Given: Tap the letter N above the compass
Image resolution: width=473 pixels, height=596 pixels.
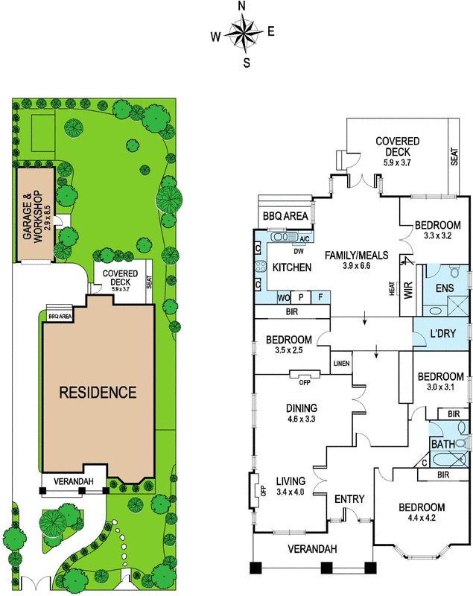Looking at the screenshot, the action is pos(241,6).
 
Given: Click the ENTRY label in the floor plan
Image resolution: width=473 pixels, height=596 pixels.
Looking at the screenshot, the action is pos(349,498).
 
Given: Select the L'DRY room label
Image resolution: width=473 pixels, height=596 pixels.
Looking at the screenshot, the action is pos(442,333).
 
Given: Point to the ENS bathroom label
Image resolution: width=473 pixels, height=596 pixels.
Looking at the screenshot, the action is pos(445,288).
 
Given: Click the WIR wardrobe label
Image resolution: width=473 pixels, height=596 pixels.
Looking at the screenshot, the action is pos(408,290).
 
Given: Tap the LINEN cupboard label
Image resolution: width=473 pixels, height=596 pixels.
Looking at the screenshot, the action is pos(342,364).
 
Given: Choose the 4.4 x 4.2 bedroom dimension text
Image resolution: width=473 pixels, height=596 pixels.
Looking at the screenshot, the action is pos(422,518).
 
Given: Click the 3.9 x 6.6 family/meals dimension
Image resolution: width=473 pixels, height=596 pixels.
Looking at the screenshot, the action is pos(356,266).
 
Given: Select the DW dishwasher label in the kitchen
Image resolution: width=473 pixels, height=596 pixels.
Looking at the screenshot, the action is pos(298,251).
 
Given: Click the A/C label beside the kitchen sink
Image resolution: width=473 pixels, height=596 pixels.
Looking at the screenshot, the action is pos(305,238).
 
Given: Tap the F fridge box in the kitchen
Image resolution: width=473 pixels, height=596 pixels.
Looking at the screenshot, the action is pos(320,297).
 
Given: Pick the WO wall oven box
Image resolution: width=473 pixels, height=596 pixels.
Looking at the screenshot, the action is pos(284,297).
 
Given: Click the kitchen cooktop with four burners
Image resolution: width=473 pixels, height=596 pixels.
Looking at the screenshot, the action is pos(261,266).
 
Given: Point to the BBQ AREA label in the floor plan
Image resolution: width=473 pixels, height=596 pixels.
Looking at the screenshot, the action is pos(285,216).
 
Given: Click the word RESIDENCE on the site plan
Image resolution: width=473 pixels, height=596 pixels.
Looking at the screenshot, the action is pos(98,393).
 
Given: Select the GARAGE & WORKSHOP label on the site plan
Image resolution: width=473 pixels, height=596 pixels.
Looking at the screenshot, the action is pos(33,217).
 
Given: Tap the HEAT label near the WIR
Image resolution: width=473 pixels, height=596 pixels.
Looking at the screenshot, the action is pos(392,288).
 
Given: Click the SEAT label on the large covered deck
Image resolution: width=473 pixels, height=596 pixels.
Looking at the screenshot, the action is pos(454,156).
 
